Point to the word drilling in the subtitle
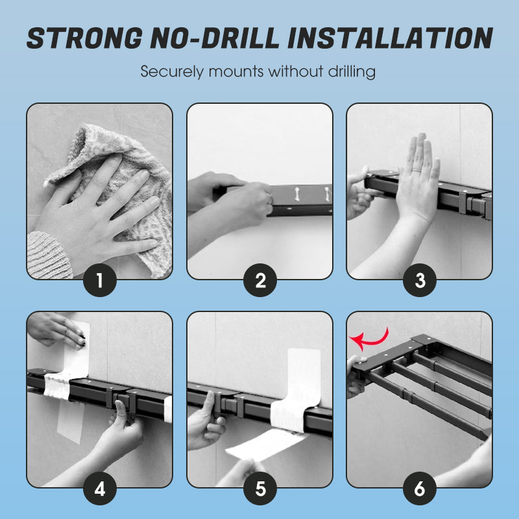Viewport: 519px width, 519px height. click(x=350, y=71)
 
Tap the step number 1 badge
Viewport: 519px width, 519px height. click(x=100, y=280)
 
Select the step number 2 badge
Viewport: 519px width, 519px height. click(x=260, y=280)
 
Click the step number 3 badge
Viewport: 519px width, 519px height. click(x=420, y=280)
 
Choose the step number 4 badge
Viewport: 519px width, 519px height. click(x=100, y=489)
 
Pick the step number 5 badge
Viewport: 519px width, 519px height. click(x=260, y=489)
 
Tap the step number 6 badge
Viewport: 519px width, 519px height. click(x=420, y=489)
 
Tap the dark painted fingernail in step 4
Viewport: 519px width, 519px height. click(x=83, y=339)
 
